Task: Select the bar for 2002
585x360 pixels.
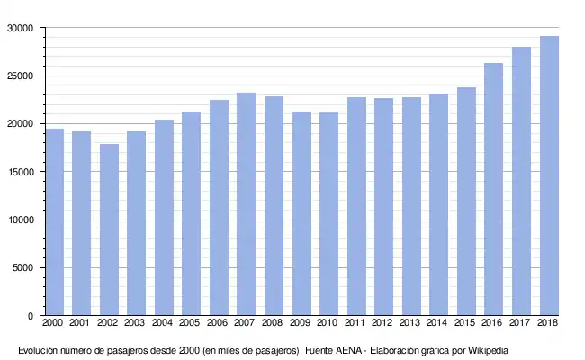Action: (109, 229)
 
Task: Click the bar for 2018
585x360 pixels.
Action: (549, 175)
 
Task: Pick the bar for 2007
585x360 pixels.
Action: (247, 204)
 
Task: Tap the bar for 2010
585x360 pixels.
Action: (328, 214)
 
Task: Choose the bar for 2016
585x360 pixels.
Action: (493, 189)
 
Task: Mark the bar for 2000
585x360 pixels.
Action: (55, 222)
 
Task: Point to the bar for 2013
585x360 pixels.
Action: (411, 206)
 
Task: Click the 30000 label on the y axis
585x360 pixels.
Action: (20, 29)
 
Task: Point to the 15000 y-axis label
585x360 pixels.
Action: (20, 172)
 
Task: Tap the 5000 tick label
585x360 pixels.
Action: (22, 268)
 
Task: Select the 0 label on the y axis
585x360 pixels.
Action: (31, 316)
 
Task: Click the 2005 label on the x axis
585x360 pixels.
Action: (190, 322)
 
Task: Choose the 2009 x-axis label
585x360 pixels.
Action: (300, 322)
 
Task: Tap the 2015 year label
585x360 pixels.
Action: (464, 322)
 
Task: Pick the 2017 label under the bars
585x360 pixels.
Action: (519, 322)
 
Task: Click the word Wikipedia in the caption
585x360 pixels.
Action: (488, 351)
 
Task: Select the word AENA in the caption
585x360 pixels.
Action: (348, 351)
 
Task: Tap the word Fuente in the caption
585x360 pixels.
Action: (319, 351)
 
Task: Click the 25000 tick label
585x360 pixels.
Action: (20, 76)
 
